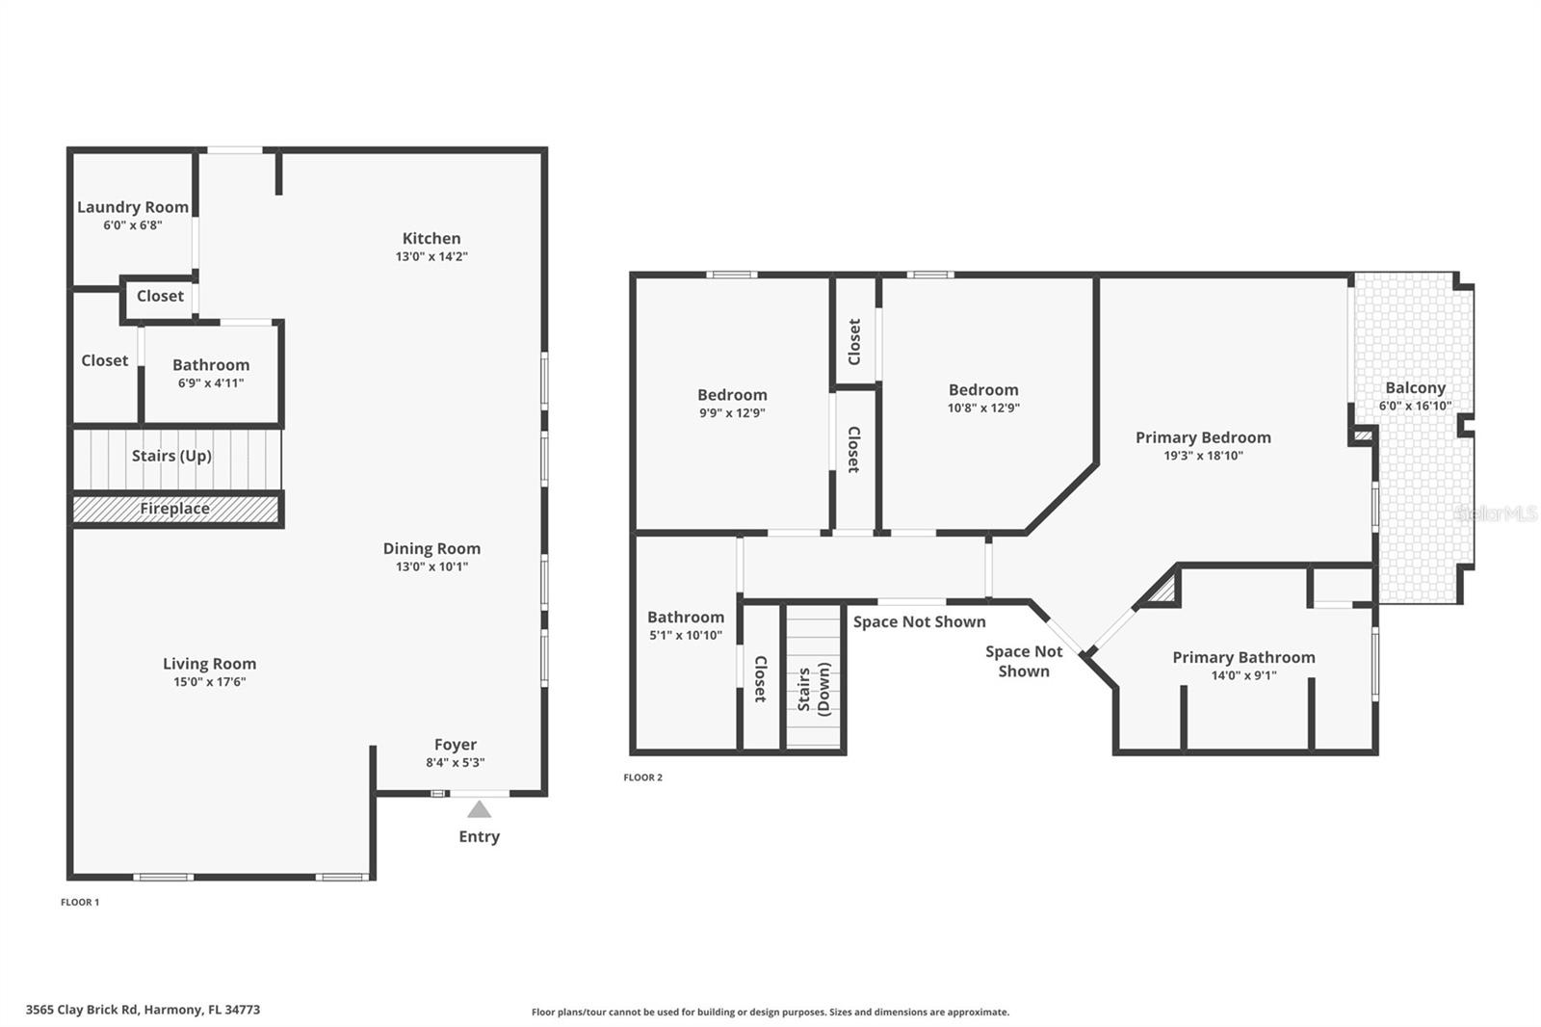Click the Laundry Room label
(133, 207)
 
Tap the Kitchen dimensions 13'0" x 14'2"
(431, 257)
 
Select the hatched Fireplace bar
(175, 509)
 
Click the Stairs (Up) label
(171, 456)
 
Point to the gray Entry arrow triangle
(479, 809)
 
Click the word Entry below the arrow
(479, 836)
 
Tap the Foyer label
(456, 745)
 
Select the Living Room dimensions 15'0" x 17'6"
(209, 682)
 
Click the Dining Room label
(431, 548)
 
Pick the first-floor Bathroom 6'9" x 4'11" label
(211, 365)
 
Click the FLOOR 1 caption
(80, 903)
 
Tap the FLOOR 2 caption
(642, 777)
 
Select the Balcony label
(1415, 388)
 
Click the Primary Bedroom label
(1203, 437)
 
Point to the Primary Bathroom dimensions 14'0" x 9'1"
(1243, 676)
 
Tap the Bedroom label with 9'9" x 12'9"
(732, 395)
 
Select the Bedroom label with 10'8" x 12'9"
(983, 390)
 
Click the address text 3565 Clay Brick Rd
(83, 1010)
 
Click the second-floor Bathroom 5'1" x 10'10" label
(686, 618)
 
